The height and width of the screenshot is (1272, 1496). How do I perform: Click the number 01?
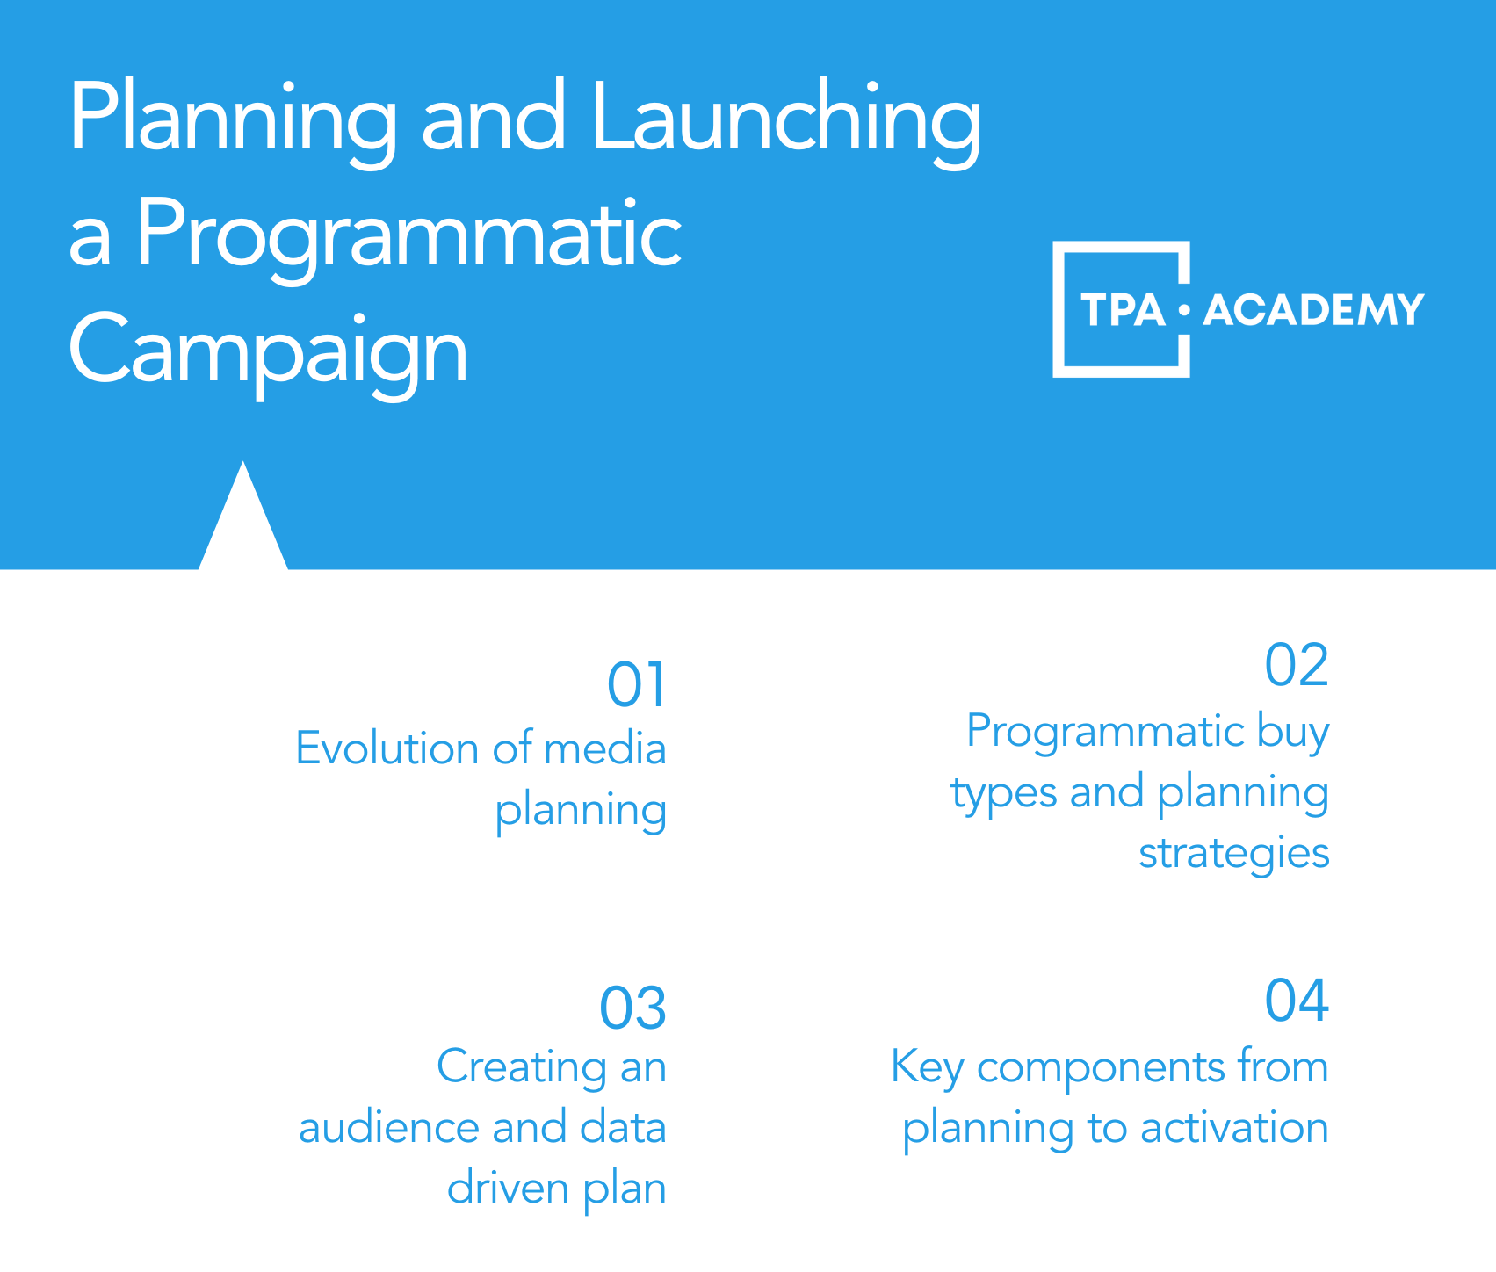(x=637, y=685)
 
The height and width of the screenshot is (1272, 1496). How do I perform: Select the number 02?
(x=1297, y=665)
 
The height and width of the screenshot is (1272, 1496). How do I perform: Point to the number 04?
(x=1297, y=1000)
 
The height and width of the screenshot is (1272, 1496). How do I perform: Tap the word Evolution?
(x=387, y=748)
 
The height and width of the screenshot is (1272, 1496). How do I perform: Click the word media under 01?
(x=605, y=748)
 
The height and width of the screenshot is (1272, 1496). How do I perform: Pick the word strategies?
(x=1234, y=853)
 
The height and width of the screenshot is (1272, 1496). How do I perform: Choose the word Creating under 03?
(x=522, y=1067)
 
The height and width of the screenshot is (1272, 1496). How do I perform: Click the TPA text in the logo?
(x=1123, y=310)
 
